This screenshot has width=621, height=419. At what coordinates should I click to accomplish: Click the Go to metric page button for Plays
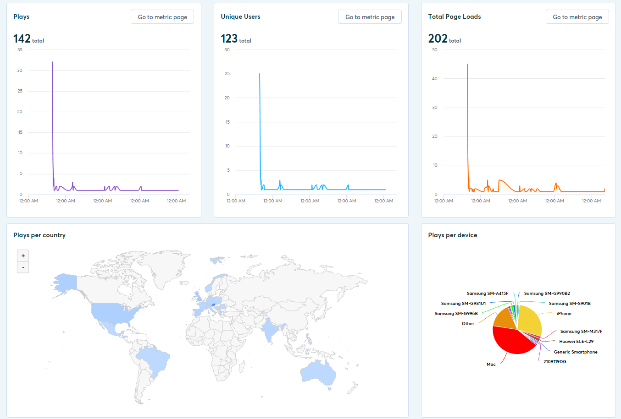tap(162, 17)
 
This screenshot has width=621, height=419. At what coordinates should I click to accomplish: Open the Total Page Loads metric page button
tap(577, 17)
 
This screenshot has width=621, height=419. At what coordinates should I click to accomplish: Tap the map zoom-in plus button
tap(23, 256)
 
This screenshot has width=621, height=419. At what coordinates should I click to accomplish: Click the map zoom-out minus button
tap(23, 267)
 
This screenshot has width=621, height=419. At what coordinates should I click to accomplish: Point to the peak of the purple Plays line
tap(52, 62)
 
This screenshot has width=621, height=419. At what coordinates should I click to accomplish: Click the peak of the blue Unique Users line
tap(260, 74)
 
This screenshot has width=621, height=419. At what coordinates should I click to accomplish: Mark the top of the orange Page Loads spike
tap(467, 65)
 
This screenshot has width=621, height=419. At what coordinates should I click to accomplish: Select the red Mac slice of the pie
tap(511, 342)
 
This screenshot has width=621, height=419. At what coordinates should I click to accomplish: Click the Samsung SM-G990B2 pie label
tap(547, 294)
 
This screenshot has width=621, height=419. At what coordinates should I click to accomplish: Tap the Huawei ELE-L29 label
tap(576, 342)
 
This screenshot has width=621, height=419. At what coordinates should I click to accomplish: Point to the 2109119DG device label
tap(554, 362)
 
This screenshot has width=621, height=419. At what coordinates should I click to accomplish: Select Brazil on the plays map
tap(154, 357)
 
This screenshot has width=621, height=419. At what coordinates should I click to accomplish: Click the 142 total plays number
tap(22, 39)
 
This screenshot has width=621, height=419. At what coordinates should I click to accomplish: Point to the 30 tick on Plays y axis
tap(20, 71)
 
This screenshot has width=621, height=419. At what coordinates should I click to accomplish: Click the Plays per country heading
tap(39, 235)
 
